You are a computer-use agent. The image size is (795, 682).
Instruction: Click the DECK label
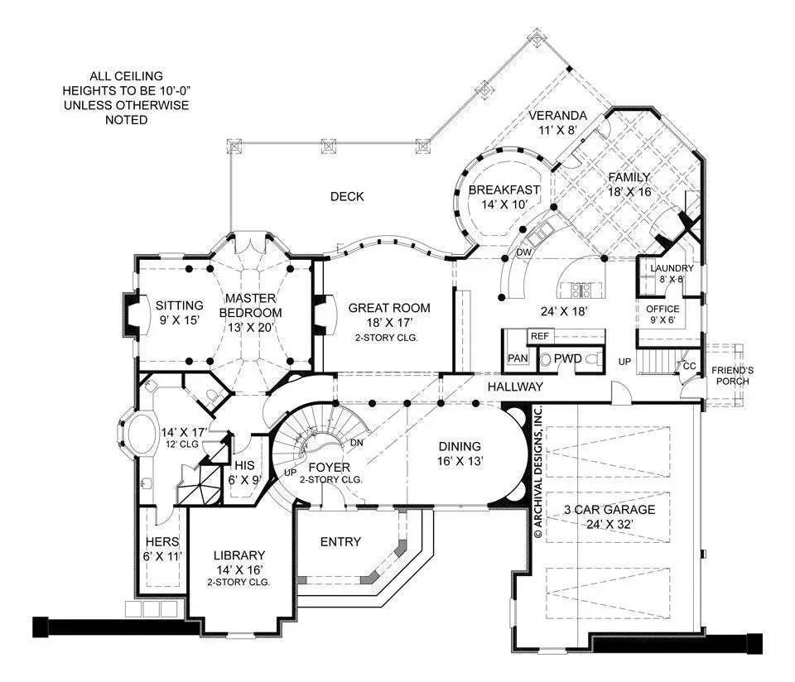347,196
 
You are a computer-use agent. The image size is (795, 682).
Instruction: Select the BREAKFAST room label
503,190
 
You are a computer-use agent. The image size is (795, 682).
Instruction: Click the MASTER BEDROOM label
250,305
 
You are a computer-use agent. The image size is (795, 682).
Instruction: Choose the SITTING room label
178,305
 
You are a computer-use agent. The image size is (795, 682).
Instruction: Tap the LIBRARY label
238,555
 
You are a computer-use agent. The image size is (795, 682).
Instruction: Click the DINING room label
460,446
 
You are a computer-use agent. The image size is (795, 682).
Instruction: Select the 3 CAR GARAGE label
609,510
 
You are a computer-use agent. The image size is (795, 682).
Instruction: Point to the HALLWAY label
514,387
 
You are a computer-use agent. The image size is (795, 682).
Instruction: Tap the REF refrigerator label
540,336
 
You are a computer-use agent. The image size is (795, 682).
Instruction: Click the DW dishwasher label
523,252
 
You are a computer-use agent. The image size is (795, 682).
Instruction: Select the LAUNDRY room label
671,268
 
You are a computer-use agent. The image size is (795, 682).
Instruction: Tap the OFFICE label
662,309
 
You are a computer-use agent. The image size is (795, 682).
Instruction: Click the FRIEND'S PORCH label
733,375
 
